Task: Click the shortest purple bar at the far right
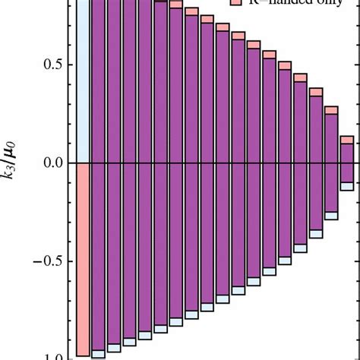(347, 163)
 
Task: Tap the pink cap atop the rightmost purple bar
(347, 140)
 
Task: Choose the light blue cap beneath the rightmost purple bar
(347, 186)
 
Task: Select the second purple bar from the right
(331, 163)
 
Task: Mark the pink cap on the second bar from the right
(331, 110)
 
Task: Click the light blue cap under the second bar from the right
(331, 216)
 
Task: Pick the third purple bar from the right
(315, 163)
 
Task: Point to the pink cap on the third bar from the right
(315, 92)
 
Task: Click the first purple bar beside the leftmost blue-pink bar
(98, 163)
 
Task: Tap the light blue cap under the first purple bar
(98, 353)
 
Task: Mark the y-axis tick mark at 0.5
(74, 64)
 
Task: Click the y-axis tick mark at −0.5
(74, 261)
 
